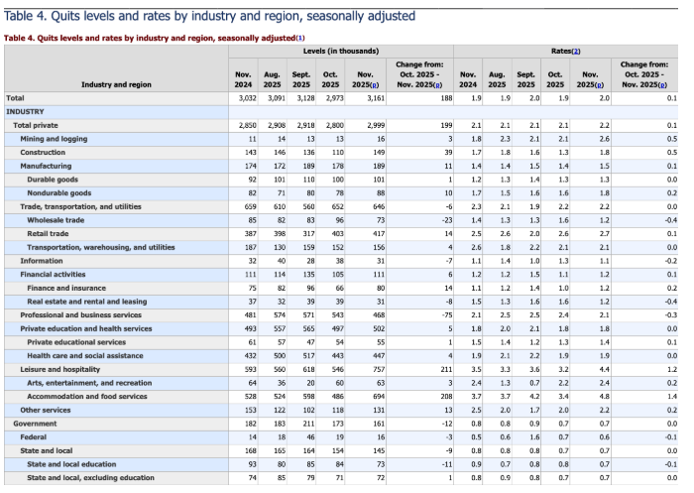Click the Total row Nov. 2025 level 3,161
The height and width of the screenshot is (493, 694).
click(x=376, y=98)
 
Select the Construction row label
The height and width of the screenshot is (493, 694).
click(x=43, y=153)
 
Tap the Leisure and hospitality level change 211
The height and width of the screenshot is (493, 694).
click(x=446, y=369)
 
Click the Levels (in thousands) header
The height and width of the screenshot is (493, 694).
click(x=341, y=51)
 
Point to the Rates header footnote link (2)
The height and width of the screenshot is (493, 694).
click(x=576, y=52)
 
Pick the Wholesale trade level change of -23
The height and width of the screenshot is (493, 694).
click(x=447, y=220)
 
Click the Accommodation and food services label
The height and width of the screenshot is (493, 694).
click(x=87, y=397)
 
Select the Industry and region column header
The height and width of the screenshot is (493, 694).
click(x=116, y=84)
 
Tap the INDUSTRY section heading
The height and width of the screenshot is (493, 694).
click(x=25, y=112)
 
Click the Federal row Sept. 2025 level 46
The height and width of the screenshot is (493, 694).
click(x=310, y=437)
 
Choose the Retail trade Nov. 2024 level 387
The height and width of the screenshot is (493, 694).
click(x=251, y=234)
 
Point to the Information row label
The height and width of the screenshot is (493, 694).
click(x=42, y=261)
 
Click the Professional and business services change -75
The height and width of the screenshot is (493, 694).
click(x=447, y=315)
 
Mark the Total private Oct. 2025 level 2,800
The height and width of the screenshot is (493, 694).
click(x=335, y=125)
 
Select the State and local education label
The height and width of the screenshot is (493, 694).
click(x=71, y=464)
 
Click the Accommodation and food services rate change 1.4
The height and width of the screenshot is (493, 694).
click(x=672, y=397)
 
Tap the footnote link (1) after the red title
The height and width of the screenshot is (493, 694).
click(x=300, y=38)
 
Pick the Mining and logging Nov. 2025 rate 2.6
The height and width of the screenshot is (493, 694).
click(x=605, y=139)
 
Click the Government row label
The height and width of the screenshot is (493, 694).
click(x=35, y=424)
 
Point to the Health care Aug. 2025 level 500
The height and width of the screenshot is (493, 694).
click(x=280, y=356)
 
